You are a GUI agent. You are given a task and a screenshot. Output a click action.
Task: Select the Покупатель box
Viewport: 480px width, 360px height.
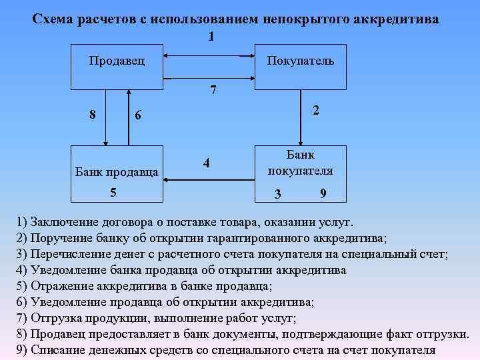click(x=300, y=67)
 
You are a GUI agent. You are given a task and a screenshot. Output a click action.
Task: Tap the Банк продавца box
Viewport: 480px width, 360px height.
click(x=117, y=173)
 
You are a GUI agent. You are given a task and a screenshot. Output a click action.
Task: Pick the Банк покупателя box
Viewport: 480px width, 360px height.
click(x=300, y=173)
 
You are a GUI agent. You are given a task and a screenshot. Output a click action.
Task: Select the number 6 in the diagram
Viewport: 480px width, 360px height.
click(x=138, y=115)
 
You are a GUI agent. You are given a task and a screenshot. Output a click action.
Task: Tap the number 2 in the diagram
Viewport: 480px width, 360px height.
click(x=316, y=111)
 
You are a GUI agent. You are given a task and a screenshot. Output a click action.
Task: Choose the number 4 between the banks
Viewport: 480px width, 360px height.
click(x=207, y=163)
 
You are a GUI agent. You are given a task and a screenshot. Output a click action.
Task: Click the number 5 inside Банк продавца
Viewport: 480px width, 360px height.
click(x=113, y=192)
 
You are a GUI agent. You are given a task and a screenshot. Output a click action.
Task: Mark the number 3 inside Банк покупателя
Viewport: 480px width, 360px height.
click(x=278, y=194)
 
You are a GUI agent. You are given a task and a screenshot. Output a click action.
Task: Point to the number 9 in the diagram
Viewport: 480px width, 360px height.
click(x=323, y=194)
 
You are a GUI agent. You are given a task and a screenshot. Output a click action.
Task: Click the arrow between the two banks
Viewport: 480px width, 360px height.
click(x=207, y=178)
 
